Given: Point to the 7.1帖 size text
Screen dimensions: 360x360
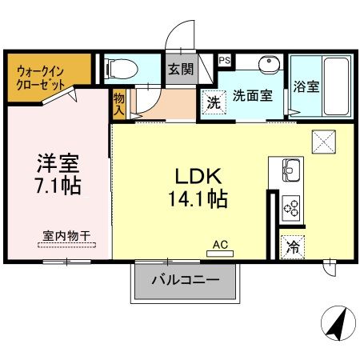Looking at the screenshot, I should [x=58, y=186].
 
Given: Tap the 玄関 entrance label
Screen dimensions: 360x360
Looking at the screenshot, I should [x=180, y=69].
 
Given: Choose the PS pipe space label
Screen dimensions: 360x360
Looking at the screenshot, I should [x=225, y=59].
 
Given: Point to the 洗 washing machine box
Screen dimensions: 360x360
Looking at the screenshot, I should [x=213, y=102].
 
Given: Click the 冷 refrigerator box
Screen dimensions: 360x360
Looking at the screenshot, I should [x=293, y=247].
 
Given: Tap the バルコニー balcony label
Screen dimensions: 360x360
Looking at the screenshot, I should [x=185, y=281].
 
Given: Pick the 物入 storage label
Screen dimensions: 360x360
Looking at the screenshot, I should [x=118, y=103].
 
